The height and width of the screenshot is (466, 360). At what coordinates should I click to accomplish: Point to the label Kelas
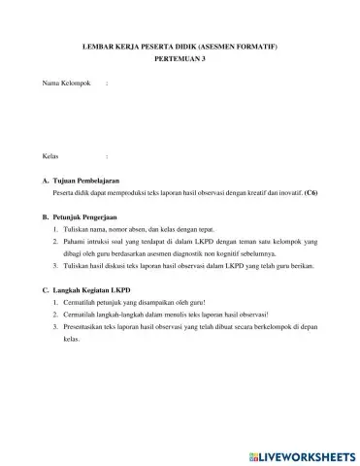51,155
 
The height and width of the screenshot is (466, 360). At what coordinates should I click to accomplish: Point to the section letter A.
46,182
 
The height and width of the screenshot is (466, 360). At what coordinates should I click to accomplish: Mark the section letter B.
46,219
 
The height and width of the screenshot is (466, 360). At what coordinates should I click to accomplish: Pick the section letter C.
46,290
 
